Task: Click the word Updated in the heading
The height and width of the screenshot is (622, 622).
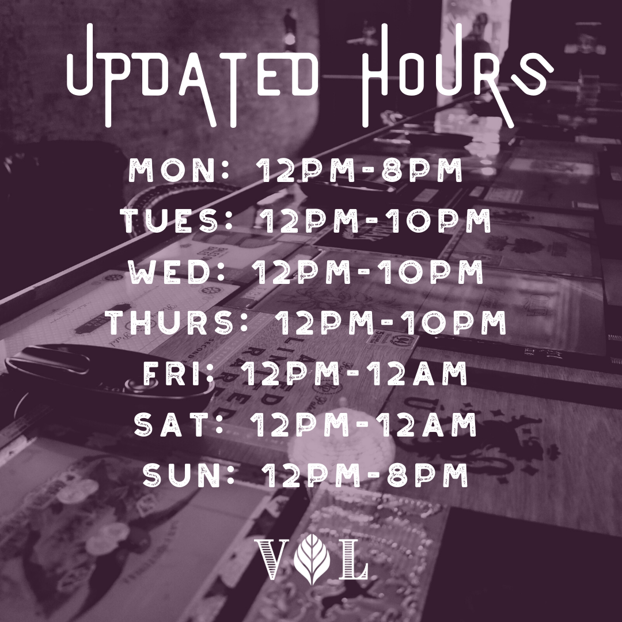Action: pyautogui.click(x=193, y=75)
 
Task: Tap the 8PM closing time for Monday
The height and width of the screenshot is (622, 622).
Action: pyautogui.click(x=422, y=170)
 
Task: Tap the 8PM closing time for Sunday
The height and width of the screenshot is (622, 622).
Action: pyautogui.click(x=427, y=475)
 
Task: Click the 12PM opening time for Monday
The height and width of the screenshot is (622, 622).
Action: pyautogui.click(x=305, y=170)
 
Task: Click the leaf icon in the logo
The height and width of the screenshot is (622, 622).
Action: pyautogui.click(x=313, y=559)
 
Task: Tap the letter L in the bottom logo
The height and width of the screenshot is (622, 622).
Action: pyautogui.click(x=352, y=559)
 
